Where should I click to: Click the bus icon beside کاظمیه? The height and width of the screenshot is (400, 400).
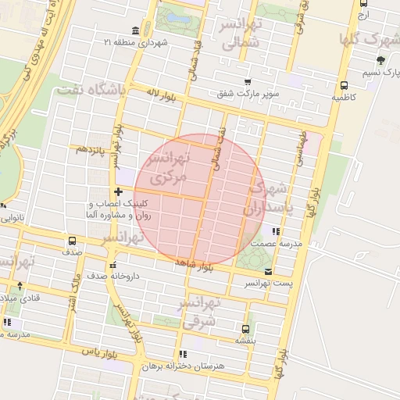click(x=345, y=86)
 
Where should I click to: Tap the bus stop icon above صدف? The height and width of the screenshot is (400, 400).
click(x=73, y=241)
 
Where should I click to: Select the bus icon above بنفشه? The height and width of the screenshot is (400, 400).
click(x=247, y=329)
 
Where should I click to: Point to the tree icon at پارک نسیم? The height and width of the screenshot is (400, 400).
click(x=380, y=60)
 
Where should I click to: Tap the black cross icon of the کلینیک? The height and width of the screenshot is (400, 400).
click(x=118, y=191)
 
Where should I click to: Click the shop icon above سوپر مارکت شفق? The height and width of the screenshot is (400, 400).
click(x=248, y=82)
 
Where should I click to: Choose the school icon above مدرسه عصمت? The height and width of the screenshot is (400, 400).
click(x=275, y=231)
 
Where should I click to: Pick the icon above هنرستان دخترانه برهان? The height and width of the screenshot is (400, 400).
click(x=184, y=354)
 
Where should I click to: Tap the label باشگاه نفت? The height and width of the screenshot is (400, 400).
click(x=91, y=91)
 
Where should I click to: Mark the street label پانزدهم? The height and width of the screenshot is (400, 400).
click(x=89, y=148)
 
